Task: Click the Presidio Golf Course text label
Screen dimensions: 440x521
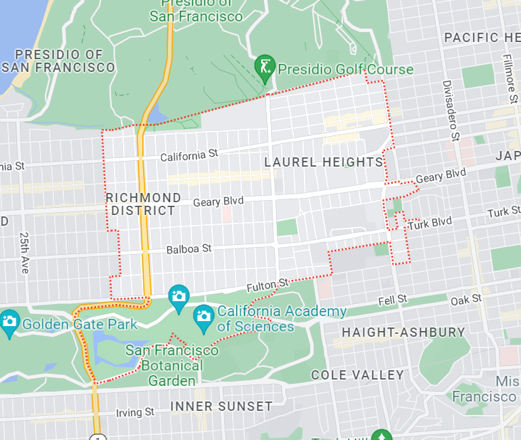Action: (x=345, y=69)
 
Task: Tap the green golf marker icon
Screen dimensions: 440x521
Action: (x=265, y=67)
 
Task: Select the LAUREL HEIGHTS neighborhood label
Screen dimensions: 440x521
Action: (x=323, y=162)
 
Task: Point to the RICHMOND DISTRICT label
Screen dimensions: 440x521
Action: (x=143, y=204)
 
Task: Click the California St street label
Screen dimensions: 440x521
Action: (x=189, y=155)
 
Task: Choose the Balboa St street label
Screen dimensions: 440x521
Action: (x=189, y=249)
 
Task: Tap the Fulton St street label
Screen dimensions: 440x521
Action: (x=268, y=286)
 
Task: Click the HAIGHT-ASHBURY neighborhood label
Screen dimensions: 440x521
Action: (x=404, y=332)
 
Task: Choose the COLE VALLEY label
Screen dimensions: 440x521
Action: (x=357, y=374)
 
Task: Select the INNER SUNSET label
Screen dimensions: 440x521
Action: (x=221, y=407)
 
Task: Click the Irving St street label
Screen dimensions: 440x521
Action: (x=135, y=412)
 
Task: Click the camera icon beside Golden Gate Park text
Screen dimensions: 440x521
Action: (x=9, y=320)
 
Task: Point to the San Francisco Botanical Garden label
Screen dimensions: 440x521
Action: (x=172, y=365)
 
